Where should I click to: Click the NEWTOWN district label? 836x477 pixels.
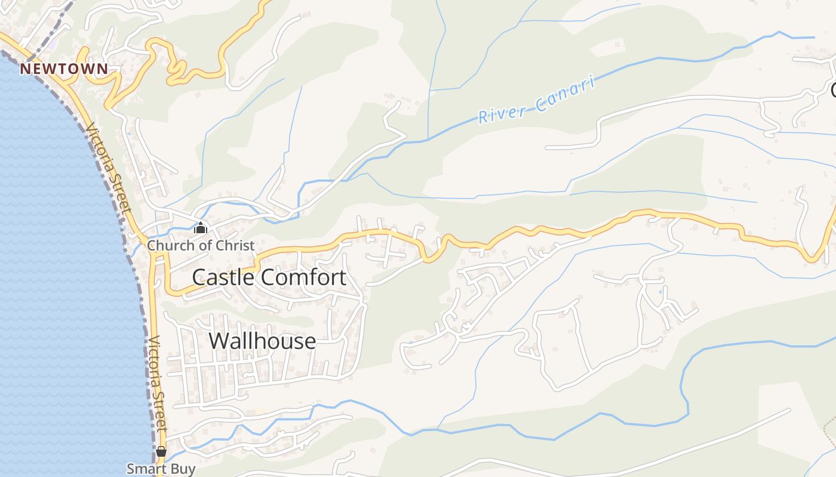(64, 69)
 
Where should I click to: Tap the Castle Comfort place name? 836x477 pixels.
(269, 277)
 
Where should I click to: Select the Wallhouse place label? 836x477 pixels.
(262, 341)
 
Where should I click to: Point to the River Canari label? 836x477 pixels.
(537, 100)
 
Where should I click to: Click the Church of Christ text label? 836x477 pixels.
(201, 245)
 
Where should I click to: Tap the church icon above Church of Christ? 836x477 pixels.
(201, 228)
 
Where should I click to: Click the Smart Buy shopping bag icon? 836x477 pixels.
(161, 451)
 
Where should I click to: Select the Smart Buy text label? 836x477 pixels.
(161, 469)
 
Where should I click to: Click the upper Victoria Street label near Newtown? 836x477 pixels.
(108, 169)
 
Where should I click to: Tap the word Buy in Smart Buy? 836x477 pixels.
(183, 469)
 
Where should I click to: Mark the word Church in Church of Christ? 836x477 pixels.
(167, 245)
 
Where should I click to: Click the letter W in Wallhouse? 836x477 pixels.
(218, 341)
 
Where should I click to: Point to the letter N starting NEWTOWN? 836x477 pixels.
(24, 69)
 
